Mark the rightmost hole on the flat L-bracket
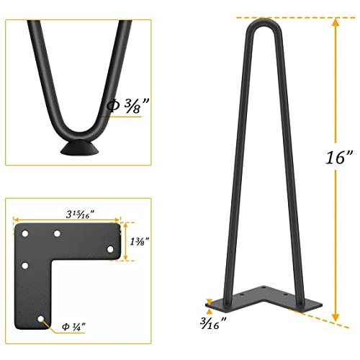click(x=110, y=249)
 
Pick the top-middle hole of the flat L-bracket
click(x=57, y=235)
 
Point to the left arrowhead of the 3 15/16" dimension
click(x=16, y=219)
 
